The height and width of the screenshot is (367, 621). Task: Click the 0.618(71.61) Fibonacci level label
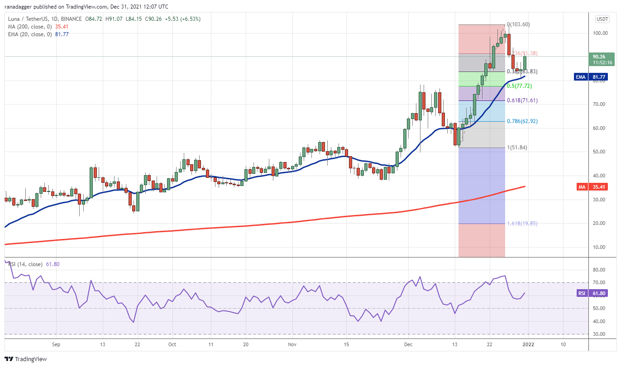point(522,100)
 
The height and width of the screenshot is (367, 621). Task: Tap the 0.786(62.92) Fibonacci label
point(522,121)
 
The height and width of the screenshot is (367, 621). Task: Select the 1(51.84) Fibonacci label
point(517,148)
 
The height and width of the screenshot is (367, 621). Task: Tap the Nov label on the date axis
point(292,344)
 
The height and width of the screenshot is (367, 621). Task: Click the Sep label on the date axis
point(56,344)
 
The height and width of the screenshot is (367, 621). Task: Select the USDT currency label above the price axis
point(602,19)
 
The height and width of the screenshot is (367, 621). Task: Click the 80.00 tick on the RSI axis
point(600,270)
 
